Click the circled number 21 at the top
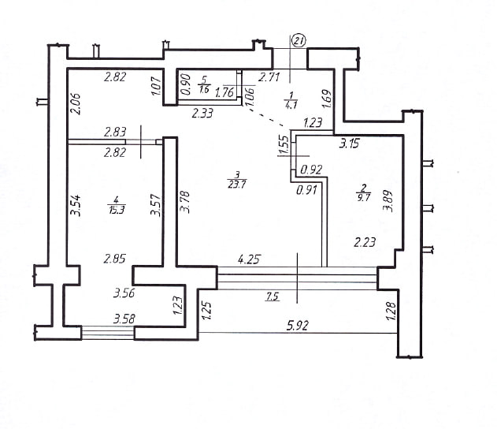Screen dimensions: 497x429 click(299, 41)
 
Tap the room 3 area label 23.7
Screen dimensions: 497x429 click(237, 185)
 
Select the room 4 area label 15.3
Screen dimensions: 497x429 click(116, 210)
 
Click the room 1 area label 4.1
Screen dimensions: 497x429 click(291, 105)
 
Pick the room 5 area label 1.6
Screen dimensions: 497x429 click(204, 89)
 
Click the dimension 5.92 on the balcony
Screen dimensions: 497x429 click(297, 326)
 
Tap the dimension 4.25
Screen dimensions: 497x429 click(249, 259)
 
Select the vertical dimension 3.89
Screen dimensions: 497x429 click(388, 201)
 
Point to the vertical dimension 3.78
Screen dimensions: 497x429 click(184, 202)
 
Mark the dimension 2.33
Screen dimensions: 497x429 click(202, 113)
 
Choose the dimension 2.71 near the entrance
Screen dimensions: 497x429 click(269, 77)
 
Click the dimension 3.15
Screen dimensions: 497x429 click(349, 144)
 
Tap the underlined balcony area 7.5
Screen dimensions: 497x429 click(273, 297)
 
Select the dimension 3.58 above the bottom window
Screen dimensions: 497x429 click(124, 319)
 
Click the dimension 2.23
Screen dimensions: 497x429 click(365, 243)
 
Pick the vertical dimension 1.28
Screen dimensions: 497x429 click(391, 311)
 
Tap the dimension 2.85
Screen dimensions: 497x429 click(114, 259)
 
